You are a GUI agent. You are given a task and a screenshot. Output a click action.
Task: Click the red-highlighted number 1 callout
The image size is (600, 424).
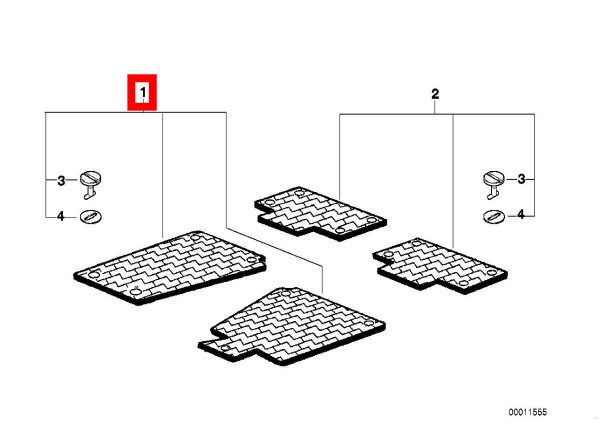[x=142, y=92]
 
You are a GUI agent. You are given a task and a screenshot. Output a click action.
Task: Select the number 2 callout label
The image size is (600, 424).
[x=435, y=94]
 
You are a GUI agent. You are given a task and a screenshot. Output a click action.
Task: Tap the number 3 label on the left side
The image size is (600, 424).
[x=61, y=180]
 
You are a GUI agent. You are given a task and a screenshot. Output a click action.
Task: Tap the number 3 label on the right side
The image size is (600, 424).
[x=521, y=179]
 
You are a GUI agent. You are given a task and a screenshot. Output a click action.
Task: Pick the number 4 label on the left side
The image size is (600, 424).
[x=61, y=216]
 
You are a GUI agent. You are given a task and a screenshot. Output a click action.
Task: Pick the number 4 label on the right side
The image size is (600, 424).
[x=521, y=214]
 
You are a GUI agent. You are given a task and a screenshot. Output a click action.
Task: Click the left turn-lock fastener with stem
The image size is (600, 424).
[x=90, y=184]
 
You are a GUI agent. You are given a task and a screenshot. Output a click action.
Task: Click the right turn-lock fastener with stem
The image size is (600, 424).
[x=493, y=184]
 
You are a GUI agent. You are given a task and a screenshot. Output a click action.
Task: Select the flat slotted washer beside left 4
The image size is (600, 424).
[x=91, y=217]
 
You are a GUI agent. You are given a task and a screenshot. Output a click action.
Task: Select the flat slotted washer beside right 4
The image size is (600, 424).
[x=494, y=217]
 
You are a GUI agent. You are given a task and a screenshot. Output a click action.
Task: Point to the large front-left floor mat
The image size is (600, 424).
[x=170, y=267]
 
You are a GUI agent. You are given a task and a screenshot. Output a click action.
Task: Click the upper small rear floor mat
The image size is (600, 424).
[x=320, y=213]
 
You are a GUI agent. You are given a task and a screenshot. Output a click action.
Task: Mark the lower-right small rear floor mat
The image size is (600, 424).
[x=440, y=265]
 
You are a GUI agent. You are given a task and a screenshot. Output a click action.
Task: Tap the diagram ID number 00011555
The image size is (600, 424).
[x=528, y=412]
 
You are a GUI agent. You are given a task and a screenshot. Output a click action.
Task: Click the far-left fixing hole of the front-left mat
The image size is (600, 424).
[x=93, y=275]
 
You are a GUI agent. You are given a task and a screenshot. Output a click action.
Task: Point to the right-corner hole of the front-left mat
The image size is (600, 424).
[x=251, y=260]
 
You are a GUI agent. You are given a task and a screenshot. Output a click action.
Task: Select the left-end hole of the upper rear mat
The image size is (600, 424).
[x=269, y=202]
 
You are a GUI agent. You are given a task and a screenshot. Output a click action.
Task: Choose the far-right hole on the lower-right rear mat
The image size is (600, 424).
[x=492, y=272]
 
